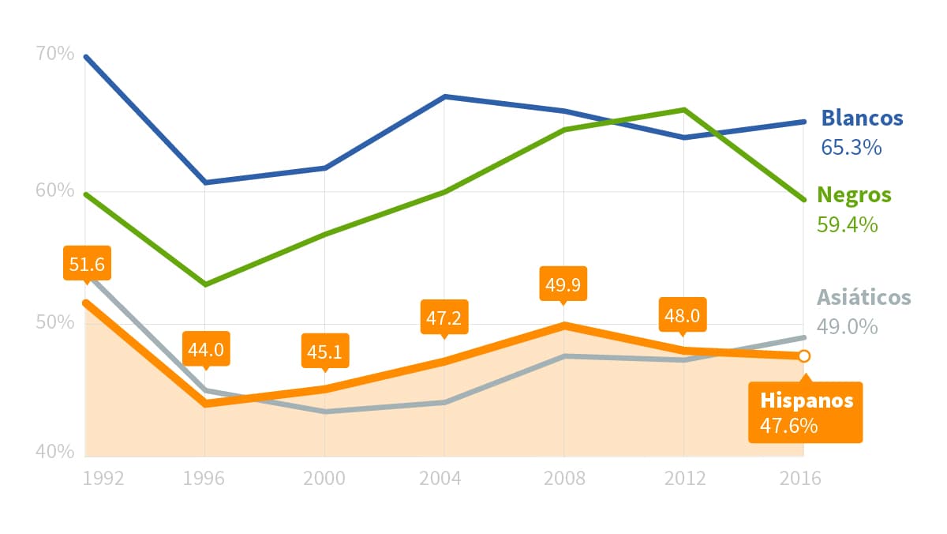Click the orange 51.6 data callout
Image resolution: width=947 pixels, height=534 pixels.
pos(87,264)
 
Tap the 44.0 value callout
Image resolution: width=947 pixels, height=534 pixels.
pos(206,348)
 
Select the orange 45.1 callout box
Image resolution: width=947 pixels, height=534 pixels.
pos(324,352)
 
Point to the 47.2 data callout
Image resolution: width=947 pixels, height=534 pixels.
pos(444,318)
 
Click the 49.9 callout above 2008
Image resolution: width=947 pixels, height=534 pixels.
pos(563,284)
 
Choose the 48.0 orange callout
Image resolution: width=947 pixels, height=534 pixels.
pos(683,316)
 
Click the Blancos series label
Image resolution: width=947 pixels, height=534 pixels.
pos(862,118)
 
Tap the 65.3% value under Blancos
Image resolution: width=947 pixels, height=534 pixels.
pos(852,147)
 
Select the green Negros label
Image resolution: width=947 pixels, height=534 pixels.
pos(854,194)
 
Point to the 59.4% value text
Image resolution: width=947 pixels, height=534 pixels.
pos(848,224)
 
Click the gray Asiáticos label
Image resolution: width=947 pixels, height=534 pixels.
pos(863,298)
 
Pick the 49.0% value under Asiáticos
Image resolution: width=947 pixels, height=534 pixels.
pos(848,327)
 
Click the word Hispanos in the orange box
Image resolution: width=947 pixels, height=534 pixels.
pos(807,400)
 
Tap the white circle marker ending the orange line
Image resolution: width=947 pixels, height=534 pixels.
pos(803,356)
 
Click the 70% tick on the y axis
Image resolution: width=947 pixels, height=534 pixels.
pos(55,55)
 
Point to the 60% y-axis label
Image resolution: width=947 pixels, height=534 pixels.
pos(55,191)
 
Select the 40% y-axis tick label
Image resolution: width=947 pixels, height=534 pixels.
pos(55,452)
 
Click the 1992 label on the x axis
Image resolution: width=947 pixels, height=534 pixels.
pos(103,479)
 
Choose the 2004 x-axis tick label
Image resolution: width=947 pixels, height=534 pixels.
pos(444,479)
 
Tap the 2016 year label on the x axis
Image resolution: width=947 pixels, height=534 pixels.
pos(800,479)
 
